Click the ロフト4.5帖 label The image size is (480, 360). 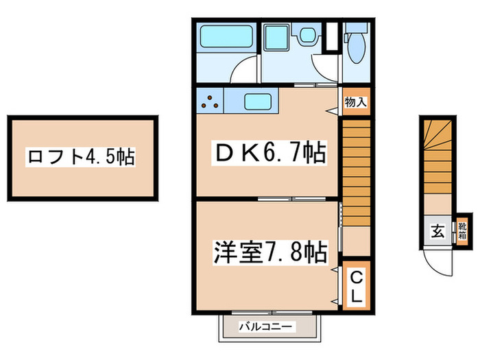pyautogui.click(x=80, y=157)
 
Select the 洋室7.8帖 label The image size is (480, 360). pyautogui.click(x=270, y=252)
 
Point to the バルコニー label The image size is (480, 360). pyautogui.click(x=265, y=326)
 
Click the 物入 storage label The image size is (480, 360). pyautogui.click(x=356, y=102)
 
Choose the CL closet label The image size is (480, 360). pyautogui.click(x=356, y=287)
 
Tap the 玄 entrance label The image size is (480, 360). pyautogui.click(x=437, y=231)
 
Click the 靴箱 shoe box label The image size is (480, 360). pyautogui.click(x=462, y=232)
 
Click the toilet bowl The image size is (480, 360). pyautogui.click(x=357, y=48)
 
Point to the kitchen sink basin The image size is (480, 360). pyautogui.click(x=258, y=101)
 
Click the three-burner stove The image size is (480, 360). pyautogui.click(x=210, y=101)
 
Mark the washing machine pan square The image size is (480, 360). pyautogui.click(x=277, y=37)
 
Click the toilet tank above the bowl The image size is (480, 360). pyautogui.click(x=357, y=27)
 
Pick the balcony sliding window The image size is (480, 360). pyautogui.click(x=272, y=313)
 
